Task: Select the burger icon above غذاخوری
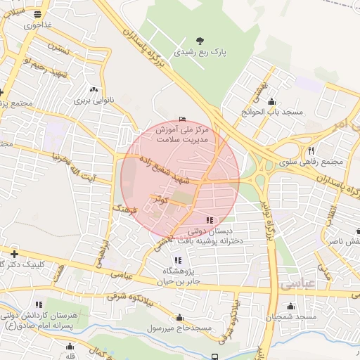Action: pyautogui.click(x=37, y=13)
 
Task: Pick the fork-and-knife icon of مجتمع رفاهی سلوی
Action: pyautogui.click(x=310, y=150)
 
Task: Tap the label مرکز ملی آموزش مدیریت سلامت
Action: pyautogui.click(x=184, y=135)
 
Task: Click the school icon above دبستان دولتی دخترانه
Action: pyautogui.click(x=211, y=221)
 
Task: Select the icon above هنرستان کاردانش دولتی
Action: pyautogui.click(x=39, y=304)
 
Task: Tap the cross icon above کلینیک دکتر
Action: pyautogui.click(x=14, y=253)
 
